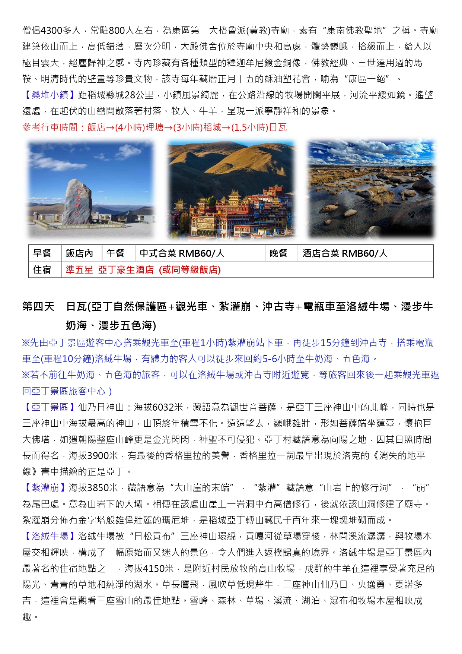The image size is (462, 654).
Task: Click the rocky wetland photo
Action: (x=371, y=189)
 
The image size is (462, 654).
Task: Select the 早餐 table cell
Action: (x=42, y=253)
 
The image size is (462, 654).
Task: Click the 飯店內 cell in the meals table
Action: (x=79, y=253)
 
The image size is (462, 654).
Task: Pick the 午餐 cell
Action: (x=116, y=253)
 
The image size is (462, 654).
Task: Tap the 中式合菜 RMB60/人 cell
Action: (x=182, y=253)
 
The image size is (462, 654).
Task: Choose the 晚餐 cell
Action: (x=278, y=253)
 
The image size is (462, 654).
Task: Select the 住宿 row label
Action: (x=42, y=270)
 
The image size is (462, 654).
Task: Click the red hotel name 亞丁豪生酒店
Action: (x=126, y=270)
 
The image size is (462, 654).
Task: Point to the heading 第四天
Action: (x=38, y=307)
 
